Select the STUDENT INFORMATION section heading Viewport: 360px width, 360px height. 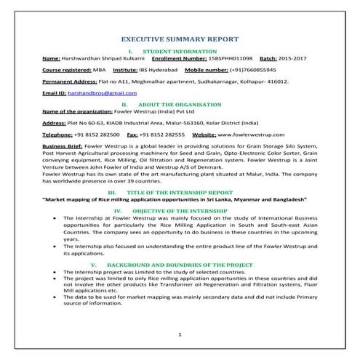[180, 51]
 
